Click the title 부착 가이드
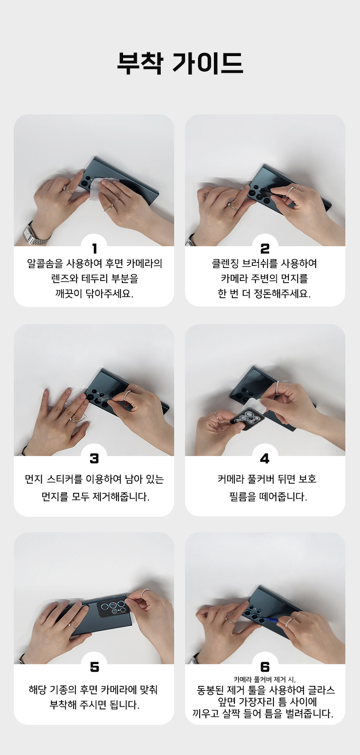coord(180,63)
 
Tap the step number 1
coord(95,249)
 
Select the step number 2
coord(265,249)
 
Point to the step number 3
coord(94,459)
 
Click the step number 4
coord(265,459)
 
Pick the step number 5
coord(95,667)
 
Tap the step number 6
coord(265,667)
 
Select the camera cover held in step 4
coord(248,419)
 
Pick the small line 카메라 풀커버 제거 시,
coord(265,680)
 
